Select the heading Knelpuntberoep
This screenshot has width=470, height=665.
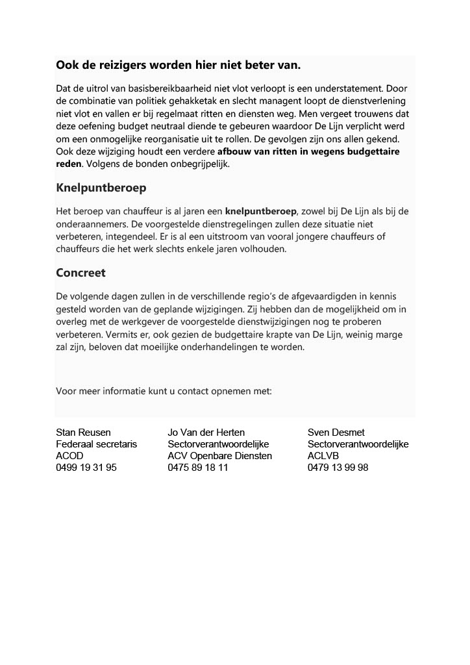(101, 188)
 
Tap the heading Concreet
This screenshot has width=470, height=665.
(81, 273)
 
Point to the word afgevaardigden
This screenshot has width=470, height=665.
(308, 296)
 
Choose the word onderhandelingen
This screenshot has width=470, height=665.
(240, 347)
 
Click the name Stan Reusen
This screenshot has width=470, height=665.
(84, 433)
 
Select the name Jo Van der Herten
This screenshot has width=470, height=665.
(206, 433)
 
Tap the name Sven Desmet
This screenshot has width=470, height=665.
(336, 433)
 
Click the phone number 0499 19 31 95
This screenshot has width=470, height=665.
(87, 468)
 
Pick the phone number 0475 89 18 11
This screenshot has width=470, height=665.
(198, 468)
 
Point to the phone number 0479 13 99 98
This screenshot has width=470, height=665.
(338, 468)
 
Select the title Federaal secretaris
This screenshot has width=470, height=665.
(97, 444)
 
